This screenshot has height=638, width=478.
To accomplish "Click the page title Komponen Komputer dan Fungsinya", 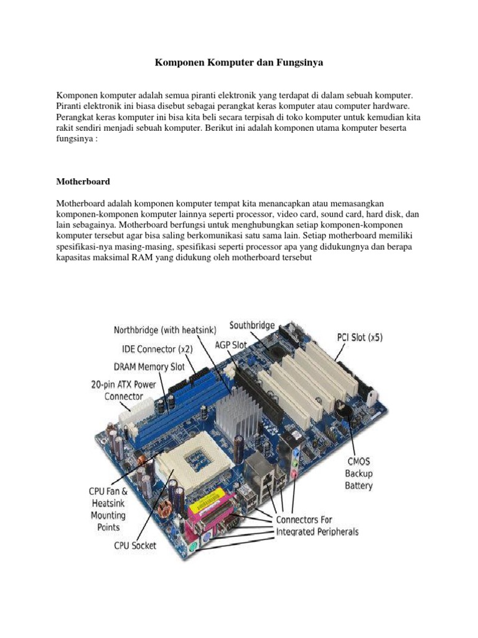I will tap(239, 63).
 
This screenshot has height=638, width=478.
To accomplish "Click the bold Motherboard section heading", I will tap(83, 182).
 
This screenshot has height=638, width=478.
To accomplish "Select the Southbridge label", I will tap(252, 325).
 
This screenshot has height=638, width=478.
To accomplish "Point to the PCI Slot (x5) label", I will tap(360, 337).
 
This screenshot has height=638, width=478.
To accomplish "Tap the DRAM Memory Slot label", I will tap(149, 366).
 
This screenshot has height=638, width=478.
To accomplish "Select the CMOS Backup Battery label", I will tap(359, 473).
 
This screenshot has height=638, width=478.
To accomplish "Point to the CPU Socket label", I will tap(135, 546).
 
